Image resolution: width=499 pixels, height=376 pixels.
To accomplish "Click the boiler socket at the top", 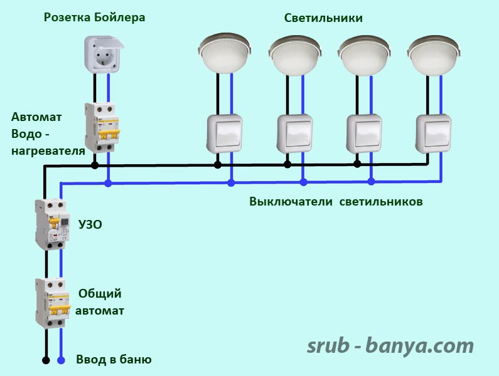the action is tap(104, 55).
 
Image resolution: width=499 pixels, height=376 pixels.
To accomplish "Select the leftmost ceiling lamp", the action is tap(224, 53).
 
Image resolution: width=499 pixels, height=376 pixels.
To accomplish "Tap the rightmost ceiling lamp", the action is tap(434, 55).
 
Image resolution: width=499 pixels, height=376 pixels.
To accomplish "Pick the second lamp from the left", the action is tap(295, 55).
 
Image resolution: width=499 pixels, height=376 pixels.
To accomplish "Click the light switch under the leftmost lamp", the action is tap(224, 134).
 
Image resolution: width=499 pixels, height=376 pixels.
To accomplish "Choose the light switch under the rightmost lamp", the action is tap(434, 134).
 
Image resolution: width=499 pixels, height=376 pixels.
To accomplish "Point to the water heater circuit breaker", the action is tap(102, 127).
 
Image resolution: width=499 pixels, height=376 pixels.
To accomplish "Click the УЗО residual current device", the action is tap(53, 224).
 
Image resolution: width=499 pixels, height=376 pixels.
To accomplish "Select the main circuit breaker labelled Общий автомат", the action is tap(53, 303).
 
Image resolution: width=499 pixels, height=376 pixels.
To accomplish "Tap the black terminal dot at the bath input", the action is tap(46, 360).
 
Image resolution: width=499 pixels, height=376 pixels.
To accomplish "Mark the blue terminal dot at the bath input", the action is tap(61, 360).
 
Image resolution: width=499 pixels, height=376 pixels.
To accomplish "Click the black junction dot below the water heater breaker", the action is tap(95, 165).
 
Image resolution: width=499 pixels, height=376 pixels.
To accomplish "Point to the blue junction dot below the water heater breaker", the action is tap(108, 183).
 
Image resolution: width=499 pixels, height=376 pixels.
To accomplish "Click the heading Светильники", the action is tap(323, 18).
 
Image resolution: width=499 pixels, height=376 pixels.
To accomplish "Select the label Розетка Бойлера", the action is tap(95, 17).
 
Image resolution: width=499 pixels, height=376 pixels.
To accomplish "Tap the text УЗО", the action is tap(90, 224).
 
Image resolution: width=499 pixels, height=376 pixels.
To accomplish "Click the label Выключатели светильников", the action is tap(336, 202).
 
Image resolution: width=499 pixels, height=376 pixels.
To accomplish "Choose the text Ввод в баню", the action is tap(114, 360).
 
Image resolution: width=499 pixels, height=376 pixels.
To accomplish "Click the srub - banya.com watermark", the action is tap(390, 346).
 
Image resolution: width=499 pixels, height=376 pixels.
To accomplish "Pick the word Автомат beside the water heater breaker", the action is tap(36, 117).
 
